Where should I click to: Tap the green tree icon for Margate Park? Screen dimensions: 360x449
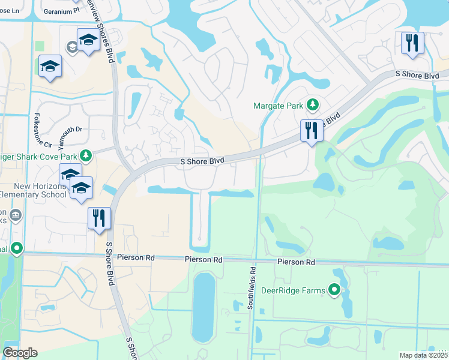(312, 106)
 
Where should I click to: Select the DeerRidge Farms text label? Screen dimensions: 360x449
(293, 292)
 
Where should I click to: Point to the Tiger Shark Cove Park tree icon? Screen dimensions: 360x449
(86, 156)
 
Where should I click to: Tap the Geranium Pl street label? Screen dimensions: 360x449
(59, 10)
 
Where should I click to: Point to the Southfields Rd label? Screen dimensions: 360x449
(252, 289)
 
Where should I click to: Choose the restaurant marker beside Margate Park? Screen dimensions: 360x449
(311, 130)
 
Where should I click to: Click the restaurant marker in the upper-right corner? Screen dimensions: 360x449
(412, 43)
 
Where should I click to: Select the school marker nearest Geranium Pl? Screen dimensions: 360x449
(88, 40)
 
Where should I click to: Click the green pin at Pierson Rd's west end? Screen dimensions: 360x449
(17, 247)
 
